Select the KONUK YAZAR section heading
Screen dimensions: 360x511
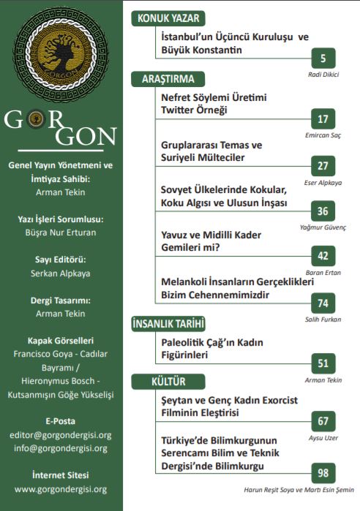tap(166, 19)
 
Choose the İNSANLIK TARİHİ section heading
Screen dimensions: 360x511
tap(167, 323)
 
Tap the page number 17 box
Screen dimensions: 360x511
tap(323, 119)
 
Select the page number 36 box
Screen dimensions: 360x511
tap(323, 211)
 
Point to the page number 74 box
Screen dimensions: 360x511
tap(323, 303)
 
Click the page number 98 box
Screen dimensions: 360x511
tap(323, 472)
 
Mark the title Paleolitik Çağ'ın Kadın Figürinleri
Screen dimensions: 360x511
tap(212, 349)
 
